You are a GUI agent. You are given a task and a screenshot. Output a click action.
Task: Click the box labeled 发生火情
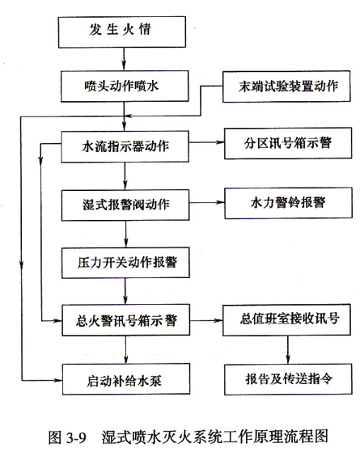(121, 32)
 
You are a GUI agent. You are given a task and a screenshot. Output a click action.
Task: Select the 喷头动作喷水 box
(125, 87)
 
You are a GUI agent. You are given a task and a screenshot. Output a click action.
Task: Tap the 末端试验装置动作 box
(286, 87)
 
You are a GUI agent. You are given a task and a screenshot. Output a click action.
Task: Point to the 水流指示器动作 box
(125, 146)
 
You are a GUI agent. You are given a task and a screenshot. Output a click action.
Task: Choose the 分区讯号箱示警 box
(288, 143)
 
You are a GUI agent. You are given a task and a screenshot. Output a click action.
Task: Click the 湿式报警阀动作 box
(125, 205)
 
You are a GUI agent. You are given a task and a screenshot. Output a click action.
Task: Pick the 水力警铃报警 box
(289, 203)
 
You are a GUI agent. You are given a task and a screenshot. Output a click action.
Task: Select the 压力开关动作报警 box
(125, 263)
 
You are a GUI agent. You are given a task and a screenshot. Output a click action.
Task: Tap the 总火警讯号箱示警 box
(126, 320)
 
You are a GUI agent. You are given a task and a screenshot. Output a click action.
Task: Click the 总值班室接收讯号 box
(286, 319)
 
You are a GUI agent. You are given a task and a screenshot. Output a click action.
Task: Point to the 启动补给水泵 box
(126, 379)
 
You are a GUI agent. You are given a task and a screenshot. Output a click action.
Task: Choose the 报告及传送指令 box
(288, 379)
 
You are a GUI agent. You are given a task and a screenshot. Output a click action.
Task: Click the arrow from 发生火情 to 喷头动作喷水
(124, 59)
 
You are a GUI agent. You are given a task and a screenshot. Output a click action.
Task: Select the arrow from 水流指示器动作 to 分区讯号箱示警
(206, 142)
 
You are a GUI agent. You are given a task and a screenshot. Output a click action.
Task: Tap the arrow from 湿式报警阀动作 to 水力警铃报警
(207, 203)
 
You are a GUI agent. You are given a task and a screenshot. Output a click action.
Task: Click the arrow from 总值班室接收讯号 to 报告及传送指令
(288, 349)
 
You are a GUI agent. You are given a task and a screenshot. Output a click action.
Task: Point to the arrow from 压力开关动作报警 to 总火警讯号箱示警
(125, 291)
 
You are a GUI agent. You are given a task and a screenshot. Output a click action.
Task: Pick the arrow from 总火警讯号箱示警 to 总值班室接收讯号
(206, 320)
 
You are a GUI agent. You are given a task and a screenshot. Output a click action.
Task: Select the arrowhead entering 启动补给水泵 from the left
(58, 381)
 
